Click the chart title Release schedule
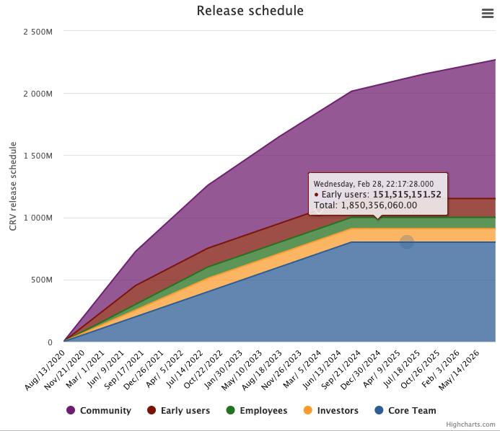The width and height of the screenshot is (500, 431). pyautogui.click(x=250, y=11)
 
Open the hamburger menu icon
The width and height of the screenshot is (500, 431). pyautogui.click(x=487, y=14)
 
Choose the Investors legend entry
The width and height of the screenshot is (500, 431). pyautogui.click(x=337, y=411)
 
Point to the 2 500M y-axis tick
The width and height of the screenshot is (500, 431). pyautogui.click(x=38, y=32)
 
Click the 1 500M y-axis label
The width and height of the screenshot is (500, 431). pyautogui.click(x=38, y=156)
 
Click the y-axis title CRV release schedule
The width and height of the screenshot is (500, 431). pyautogui.click(x=13, y=186)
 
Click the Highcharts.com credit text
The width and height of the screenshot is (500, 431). pyautogui.click(x=470, y=425)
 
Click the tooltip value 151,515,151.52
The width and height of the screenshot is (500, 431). pyautogui.click(x=407, y=195)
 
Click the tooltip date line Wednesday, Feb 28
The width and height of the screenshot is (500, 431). pyautogui.click(x=373, y=184)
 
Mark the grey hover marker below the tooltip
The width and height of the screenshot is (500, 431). pyautogui.click(x=407, y=242)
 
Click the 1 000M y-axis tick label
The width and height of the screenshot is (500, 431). pyautogui.click(x=38, y=218)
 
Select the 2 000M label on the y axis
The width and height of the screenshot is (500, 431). pyautogui.click(x=38, y=94)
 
